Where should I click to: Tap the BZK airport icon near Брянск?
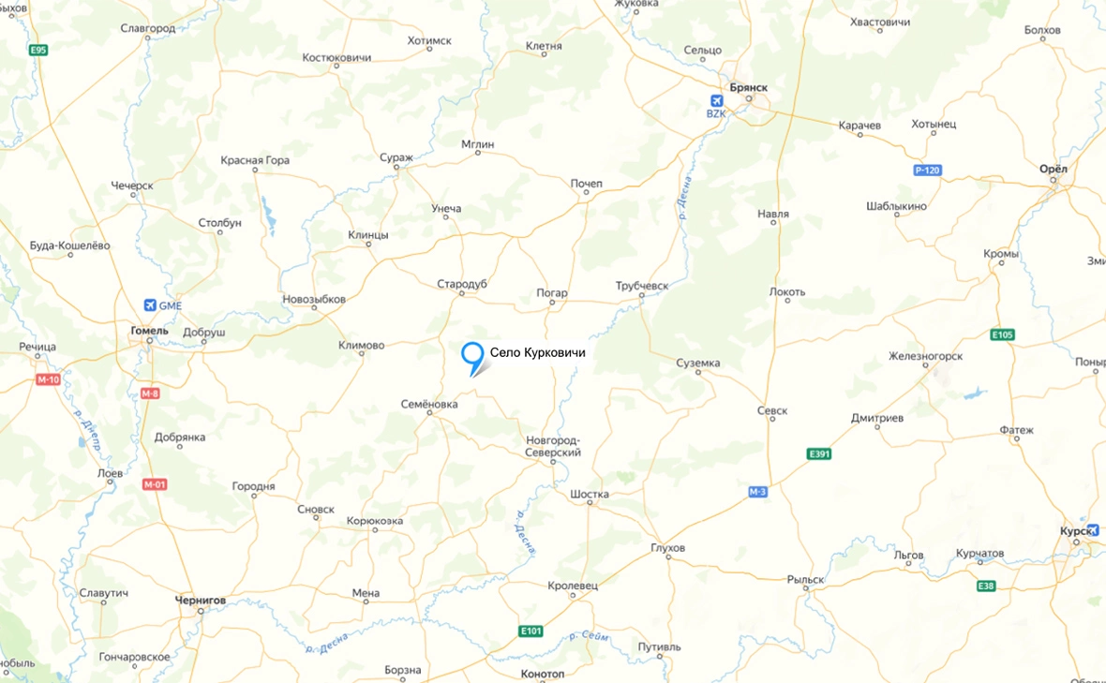coord(717,101)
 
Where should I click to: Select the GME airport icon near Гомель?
coord(150,305)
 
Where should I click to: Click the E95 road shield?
coord(37,50)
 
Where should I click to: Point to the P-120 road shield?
coord(927,171)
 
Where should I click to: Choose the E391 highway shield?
coord(819,454)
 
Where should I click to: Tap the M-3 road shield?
coord(757,492)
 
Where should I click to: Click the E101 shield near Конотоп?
coord(531,631)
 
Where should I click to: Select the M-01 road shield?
coord(155,484)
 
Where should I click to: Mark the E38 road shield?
coord(985,586)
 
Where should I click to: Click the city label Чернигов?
coord(201,600)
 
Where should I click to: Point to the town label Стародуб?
coord(462,284)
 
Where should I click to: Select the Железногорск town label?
coord(925,356)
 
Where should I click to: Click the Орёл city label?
coord(1054,169)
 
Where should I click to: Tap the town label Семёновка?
coord(428,405)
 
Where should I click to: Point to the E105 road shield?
coord(1002,334)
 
